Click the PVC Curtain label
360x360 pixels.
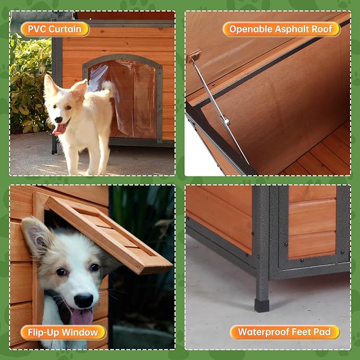click(55, 29)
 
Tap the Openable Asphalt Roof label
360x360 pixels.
click(281, 29)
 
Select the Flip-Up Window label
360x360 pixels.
click(63, 332)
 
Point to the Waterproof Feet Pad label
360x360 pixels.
click(285, 332)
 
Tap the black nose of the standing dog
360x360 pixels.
click(58, 120)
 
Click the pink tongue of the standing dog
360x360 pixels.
click(59, 130)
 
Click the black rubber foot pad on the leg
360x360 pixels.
click(262, 305)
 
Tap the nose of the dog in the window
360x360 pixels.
click(84, 300)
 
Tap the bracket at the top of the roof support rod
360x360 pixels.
click(194, 56)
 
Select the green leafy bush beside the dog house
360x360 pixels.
click(30, 85)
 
